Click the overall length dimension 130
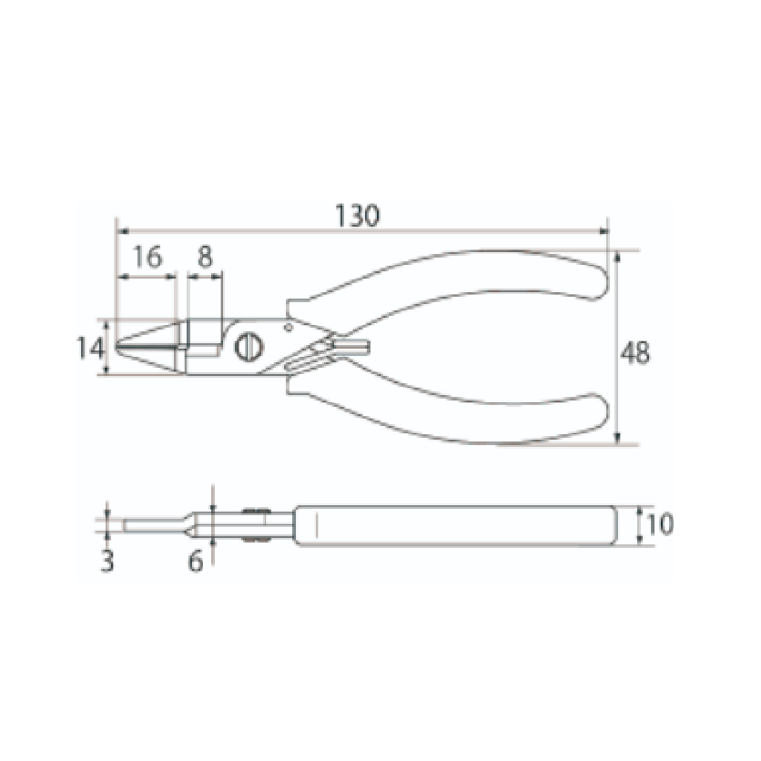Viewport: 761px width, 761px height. tap(358, 215)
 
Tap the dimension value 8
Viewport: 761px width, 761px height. tap(204, 258)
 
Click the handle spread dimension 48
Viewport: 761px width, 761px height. tap(636, 353)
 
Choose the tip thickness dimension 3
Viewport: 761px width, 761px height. tap(107, 562)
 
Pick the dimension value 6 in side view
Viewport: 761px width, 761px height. tap(196, 562)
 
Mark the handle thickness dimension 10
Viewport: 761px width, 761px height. tap(660, 525)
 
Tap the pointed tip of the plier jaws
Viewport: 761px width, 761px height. tap(119, 347)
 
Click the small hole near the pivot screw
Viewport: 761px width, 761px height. tap(288, 326)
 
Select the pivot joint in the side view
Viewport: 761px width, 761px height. tap(254, 525)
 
